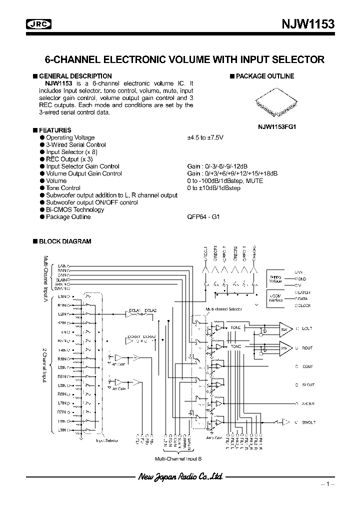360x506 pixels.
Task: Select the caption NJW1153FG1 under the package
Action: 276,127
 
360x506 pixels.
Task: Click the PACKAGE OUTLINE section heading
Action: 264,76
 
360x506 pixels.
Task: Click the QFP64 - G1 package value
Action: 203,217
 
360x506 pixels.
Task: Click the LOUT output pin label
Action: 306,328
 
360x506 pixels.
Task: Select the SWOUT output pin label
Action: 308,422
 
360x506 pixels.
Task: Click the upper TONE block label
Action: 235,327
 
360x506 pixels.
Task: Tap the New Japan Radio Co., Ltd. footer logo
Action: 180,477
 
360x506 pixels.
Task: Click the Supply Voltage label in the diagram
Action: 276,279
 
